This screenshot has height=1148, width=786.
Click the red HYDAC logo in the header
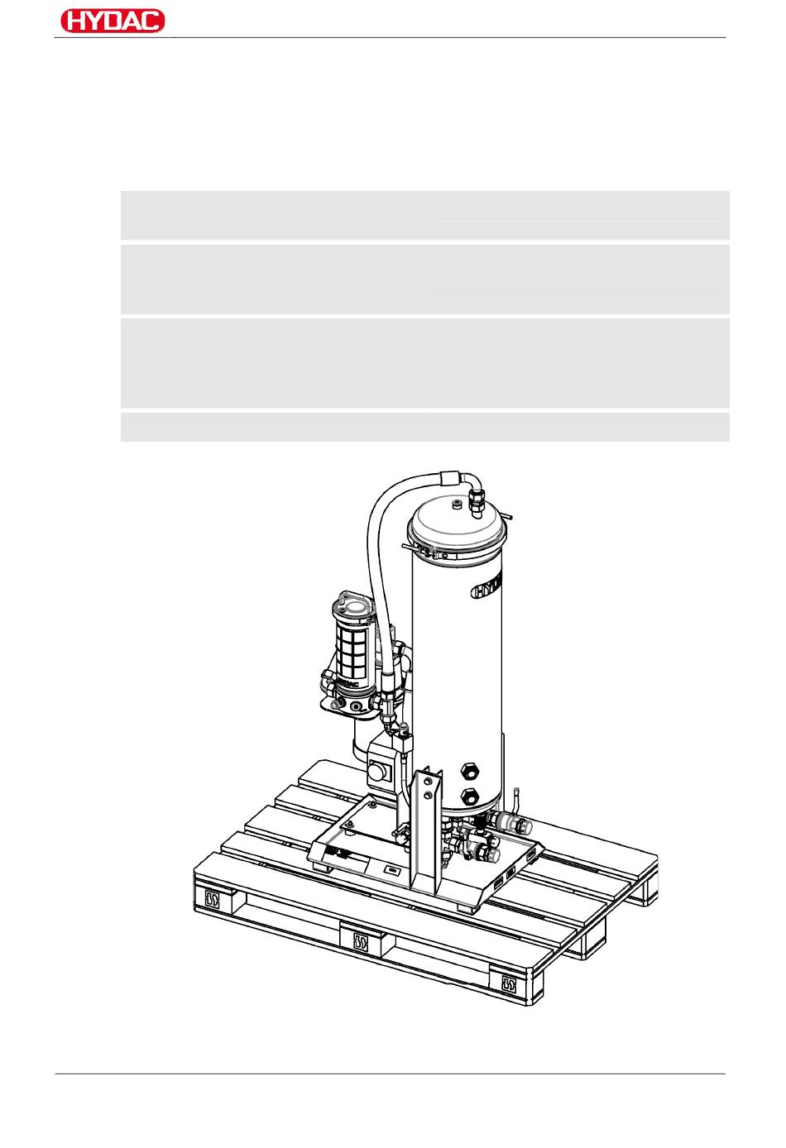click(113, 21)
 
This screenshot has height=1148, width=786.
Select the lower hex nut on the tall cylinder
click(470, 797)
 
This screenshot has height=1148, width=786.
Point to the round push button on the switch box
click(376, 771)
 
